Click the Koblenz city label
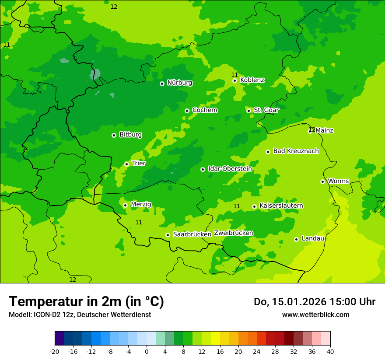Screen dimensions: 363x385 (252, 80)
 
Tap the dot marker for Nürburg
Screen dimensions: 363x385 (162, 84)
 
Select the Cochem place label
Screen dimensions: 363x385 (205, 110)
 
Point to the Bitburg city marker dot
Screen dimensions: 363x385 (114, 135)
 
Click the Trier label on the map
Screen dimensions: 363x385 (139, 163)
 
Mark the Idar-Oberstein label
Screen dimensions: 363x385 (230, 169)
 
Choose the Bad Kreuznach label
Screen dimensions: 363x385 (296, 151)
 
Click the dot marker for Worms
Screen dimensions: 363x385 (322, 181)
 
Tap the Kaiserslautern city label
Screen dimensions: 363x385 (281, 206)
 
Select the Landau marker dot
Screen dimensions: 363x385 (296, 239)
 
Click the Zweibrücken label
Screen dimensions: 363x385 (234, 233)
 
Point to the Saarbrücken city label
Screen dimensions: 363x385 (192, 234)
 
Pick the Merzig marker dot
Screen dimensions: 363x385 (125, 205)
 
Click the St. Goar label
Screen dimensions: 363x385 (266, 110)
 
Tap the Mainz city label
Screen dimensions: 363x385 (324, 130)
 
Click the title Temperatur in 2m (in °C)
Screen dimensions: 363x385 (86, 301)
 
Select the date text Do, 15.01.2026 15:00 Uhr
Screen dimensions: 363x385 (315, 302)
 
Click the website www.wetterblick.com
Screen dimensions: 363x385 (315, 314)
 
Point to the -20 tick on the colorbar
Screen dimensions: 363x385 (55, 352)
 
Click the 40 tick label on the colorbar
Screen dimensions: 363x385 (330, 352)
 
